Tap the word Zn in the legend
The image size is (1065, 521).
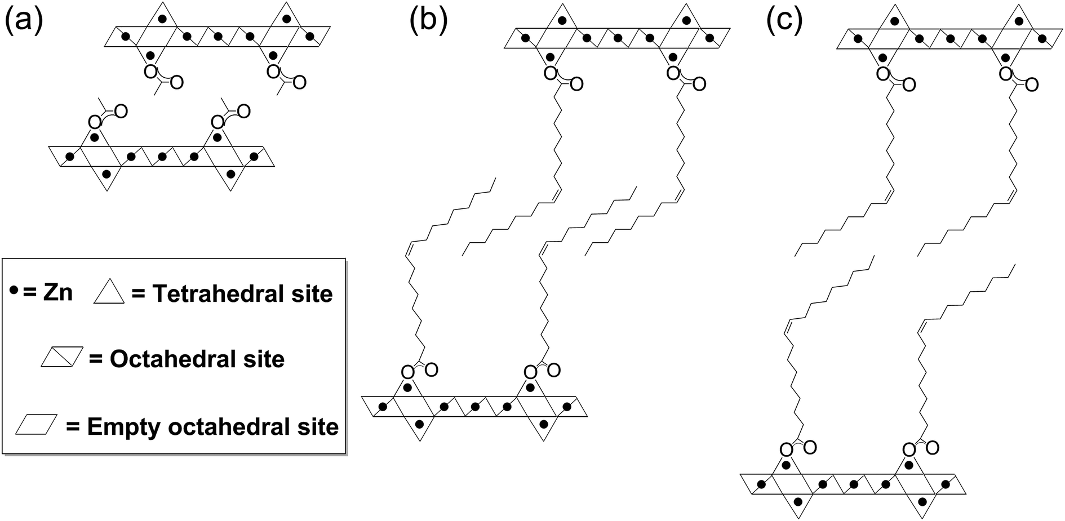tap(58, 292)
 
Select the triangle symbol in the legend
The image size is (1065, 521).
tap(108, 293)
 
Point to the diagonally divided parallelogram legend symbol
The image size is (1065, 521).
tap(62, 358)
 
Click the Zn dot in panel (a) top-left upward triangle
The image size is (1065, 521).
tap(162, 19)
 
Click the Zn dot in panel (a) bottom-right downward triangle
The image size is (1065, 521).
tap(230, 174)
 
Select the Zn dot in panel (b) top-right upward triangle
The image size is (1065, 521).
tap(686, 20)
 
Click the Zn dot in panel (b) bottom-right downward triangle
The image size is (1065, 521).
tap(543, 423)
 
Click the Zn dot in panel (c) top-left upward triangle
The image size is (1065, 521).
tap(894, 21)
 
